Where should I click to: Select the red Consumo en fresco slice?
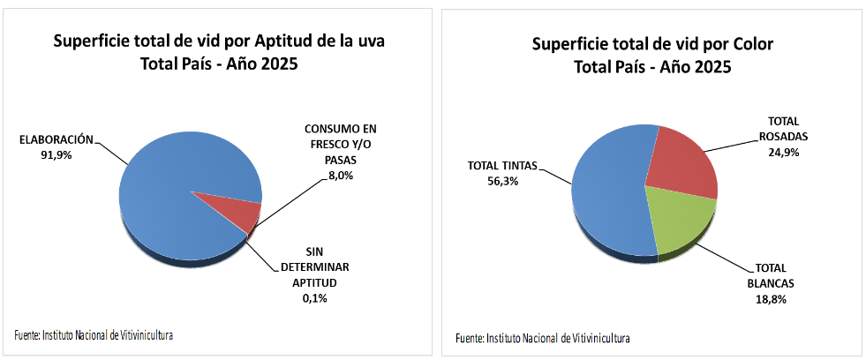237,210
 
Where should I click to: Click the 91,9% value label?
56,154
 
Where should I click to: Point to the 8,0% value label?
341,176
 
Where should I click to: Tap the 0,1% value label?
315,298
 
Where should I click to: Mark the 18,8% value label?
770,299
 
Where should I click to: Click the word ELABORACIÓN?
56,139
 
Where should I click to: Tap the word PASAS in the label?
341,161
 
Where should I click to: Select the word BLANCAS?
770,283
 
